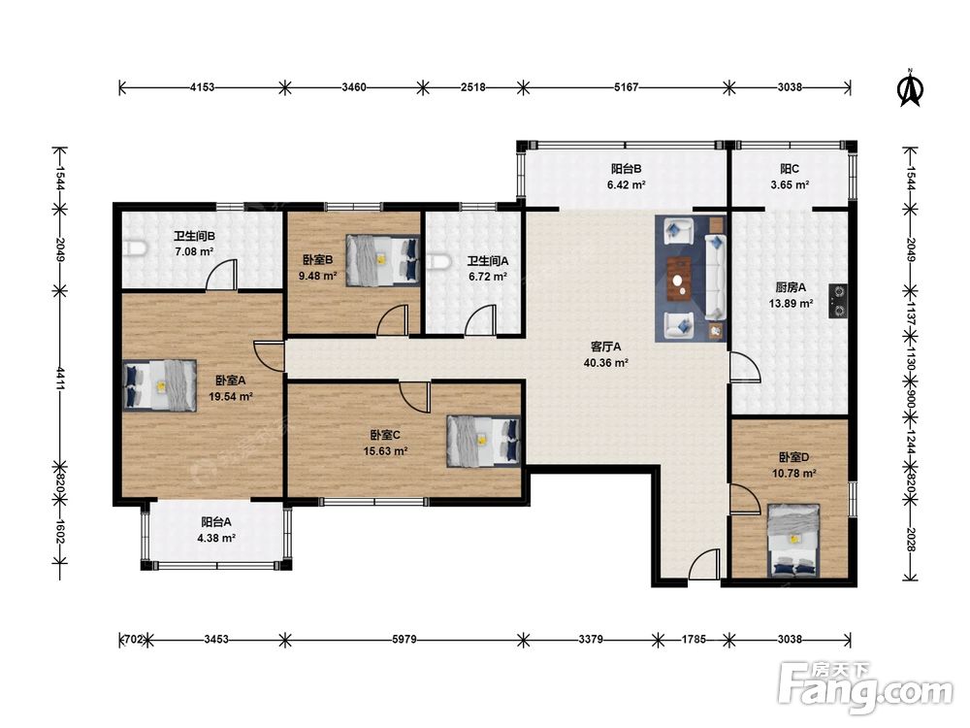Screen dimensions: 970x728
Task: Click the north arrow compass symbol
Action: click(x=910, y=88)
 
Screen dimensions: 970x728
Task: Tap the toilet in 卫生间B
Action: click(x=135, y=248)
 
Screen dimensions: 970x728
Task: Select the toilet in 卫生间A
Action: click(x=437, y=262)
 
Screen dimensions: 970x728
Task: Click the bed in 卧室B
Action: click(x=382, y=260)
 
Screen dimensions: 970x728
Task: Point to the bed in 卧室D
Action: click(x=793, y=541)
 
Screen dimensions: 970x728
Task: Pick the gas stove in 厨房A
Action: click(x=838, y=301)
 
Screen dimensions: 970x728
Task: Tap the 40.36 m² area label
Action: click(x=605, y=363)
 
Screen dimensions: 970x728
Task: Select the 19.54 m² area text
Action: click(x=230, y=397)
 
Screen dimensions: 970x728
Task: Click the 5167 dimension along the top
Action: click(x=626, y=87)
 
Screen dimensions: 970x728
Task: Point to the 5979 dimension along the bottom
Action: click(x=404, y=639)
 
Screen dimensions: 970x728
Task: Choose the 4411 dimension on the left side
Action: click(x=60, y=379)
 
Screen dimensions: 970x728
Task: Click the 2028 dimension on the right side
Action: click(x=910, y=539)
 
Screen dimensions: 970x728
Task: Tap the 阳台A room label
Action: click(x=216, y=522)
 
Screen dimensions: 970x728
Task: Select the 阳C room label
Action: click(x=790, y=168)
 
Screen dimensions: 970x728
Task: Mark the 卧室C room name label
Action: click(x=385, y=435)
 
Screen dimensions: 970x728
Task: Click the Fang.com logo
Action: click(x=865, y=686)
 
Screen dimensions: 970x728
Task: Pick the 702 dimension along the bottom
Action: click(x=134, y=639)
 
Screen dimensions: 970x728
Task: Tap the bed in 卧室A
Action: click(x=160, y=385)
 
